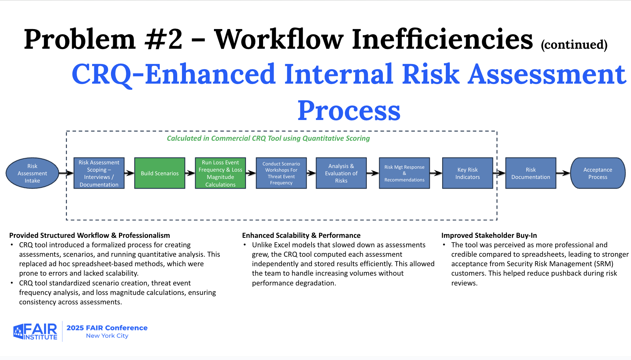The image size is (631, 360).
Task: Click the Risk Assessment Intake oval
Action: tap(32, 173)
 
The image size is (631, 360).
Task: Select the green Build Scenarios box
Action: tap(160, 173)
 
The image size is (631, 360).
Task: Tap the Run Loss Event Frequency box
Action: tap(221, 173)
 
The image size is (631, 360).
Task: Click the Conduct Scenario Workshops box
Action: tap(281, 173)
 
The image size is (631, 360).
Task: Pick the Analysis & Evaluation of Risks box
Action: tap(341, 173)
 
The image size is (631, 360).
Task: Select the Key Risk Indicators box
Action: tap(468, 173)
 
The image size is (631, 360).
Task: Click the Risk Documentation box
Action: tap(531, 173)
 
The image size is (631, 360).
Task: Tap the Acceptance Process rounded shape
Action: tap(598, 173)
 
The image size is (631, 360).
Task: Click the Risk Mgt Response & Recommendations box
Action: tap(404, 173)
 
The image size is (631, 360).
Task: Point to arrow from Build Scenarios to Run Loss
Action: tap(190, 173)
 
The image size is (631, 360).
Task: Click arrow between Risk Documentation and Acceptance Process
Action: tap(563, 173)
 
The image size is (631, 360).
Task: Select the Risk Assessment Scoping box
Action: tap(99, 173)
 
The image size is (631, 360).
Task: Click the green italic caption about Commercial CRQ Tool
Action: tap(268, 138)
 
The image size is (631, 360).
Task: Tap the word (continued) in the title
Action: tap(574, 45)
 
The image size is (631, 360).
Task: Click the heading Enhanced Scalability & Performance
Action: tap(301, 235)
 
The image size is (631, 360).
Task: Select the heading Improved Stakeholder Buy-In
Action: tap(489, 235)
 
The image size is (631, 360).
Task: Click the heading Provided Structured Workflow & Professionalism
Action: tap(90, 235)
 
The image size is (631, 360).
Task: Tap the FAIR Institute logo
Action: tap(35, 331)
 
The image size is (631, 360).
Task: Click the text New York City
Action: tap(107, 336)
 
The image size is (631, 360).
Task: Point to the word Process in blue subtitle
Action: tap(349, 111)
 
